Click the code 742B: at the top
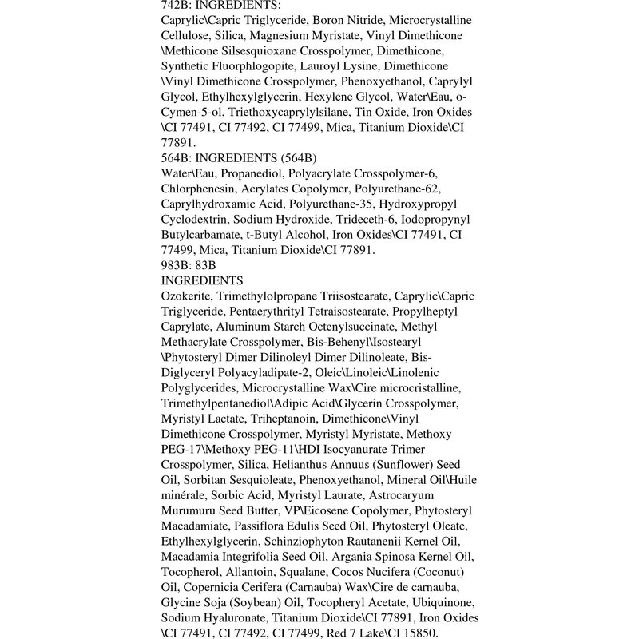coord(177,5)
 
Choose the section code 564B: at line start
coord(177,158)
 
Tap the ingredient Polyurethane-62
coord(398,189)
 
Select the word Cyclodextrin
coord(194,220)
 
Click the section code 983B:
coord(177,265)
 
